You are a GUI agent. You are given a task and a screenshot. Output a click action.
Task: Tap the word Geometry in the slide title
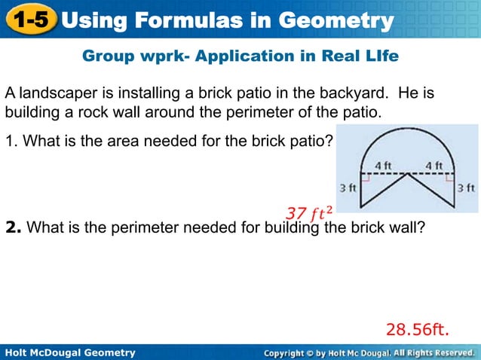[x=331, y=19]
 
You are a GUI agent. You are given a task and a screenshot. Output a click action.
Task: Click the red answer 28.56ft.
[x=417, y=329]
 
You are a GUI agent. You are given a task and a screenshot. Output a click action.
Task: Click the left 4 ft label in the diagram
[x=384, y=166]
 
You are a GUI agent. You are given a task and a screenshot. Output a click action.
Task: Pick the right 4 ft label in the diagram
[x=433, y=166]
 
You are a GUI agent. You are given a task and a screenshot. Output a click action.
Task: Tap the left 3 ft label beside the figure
[x=347, y=187]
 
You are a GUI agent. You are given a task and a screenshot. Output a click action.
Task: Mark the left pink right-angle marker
[x=366, y=178]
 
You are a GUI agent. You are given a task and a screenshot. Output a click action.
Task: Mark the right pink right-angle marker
[x=451, y=178]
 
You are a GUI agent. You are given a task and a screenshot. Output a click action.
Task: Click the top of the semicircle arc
[x=408, y=129]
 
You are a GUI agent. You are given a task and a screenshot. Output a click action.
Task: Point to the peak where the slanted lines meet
[x=408, y=175]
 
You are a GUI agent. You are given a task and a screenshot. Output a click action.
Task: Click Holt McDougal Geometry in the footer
[x=69, y=352]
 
